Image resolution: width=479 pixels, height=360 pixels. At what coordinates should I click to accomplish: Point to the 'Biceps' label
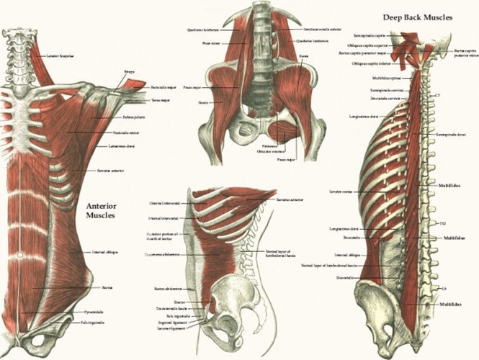[130, 73]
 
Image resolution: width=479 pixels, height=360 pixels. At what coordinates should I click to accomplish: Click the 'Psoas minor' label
[210, 43]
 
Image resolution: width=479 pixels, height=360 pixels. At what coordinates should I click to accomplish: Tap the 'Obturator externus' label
[271, 152]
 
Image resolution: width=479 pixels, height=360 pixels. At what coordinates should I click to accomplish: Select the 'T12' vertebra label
[442, 224]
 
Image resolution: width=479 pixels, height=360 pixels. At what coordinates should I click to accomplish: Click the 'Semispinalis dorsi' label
[452, 135]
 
